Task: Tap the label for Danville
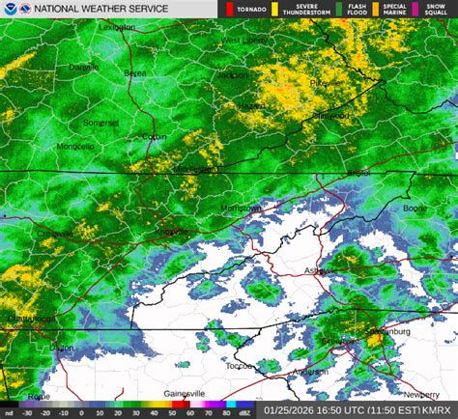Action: (x=83, y=69)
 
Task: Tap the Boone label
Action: (x=415, y=208)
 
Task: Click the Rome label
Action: (x=40, y=396)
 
